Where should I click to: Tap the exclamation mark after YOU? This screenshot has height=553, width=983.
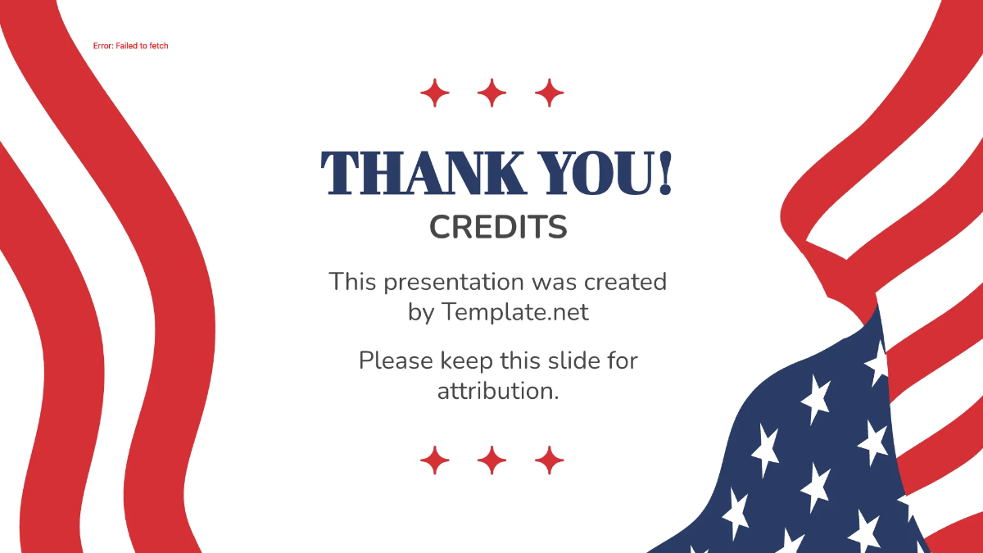coord(664,174)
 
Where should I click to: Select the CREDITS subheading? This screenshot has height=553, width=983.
coord(498,228)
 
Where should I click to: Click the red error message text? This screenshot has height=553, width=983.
coord(130,46)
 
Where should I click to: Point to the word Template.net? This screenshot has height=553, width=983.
coord(515,312)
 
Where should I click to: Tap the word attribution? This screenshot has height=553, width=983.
coord(498,391)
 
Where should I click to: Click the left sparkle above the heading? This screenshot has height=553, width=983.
coord(435,93)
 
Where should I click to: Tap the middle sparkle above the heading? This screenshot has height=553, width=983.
coord(492,93)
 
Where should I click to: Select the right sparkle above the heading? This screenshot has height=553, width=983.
coord(550,93)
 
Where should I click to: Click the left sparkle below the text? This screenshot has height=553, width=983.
coord(435,460)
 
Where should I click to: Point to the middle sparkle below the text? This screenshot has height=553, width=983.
coord(492,460)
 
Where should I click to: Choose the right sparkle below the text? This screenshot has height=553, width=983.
coord(550,460)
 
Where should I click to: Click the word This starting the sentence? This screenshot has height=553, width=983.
coord(354,282)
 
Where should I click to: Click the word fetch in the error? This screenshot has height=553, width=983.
coord(158,46)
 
